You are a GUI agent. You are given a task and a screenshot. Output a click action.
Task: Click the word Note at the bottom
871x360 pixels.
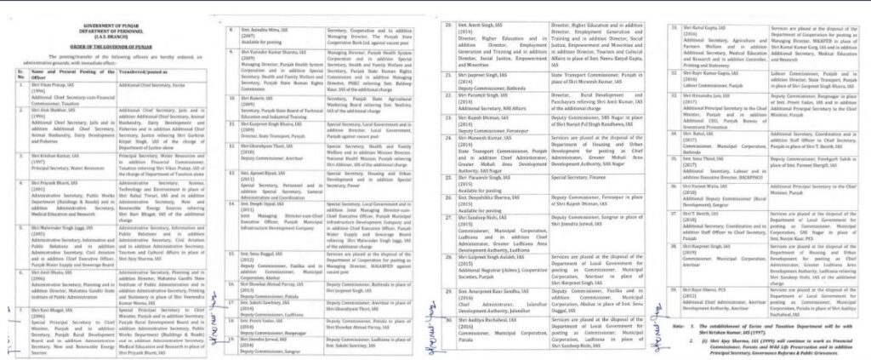point(676,327)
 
